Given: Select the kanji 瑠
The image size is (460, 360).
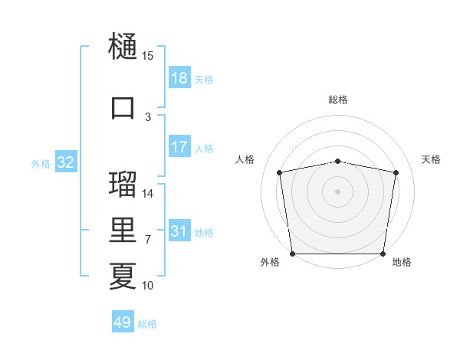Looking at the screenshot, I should [x=123, y=185].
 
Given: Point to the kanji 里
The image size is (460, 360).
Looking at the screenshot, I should [x=123, y=231].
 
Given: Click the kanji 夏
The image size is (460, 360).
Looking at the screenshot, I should [x=123, y=276].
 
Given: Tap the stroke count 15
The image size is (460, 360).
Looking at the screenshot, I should [x=148, y=56].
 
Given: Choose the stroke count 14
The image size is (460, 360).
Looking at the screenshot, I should [x=148, y=194].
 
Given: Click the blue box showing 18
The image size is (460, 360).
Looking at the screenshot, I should [x=179, y=78].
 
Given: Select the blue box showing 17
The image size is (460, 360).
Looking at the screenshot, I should [x=179, y=147].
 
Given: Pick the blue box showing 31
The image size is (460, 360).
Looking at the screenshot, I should [x=179, y=231].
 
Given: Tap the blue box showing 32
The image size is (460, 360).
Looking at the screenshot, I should [x=65, y=162].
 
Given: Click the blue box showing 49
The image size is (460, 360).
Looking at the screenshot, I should [x=123, y=322].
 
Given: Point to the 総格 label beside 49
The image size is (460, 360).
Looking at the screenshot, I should [x=147, y=324].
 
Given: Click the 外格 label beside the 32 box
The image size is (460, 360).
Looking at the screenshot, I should [x=41, y=163].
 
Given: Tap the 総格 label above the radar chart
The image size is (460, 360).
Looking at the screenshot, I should [x=338, y=100].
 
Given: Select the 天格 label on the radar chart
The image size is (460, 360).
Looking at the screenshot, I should [x=432, y=159].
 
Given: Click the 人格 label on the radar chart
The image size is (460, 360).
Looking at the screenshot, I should [x=245, y=159].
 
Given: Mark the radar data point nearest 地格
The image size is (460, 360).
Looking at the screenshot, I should [x=383, y=254].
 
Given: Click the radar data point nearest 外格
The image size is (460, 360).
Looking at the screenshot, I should [x=292, y=254].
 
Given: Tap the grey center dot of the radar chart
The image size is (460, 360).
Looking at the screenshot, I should [x=337, y=191].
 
